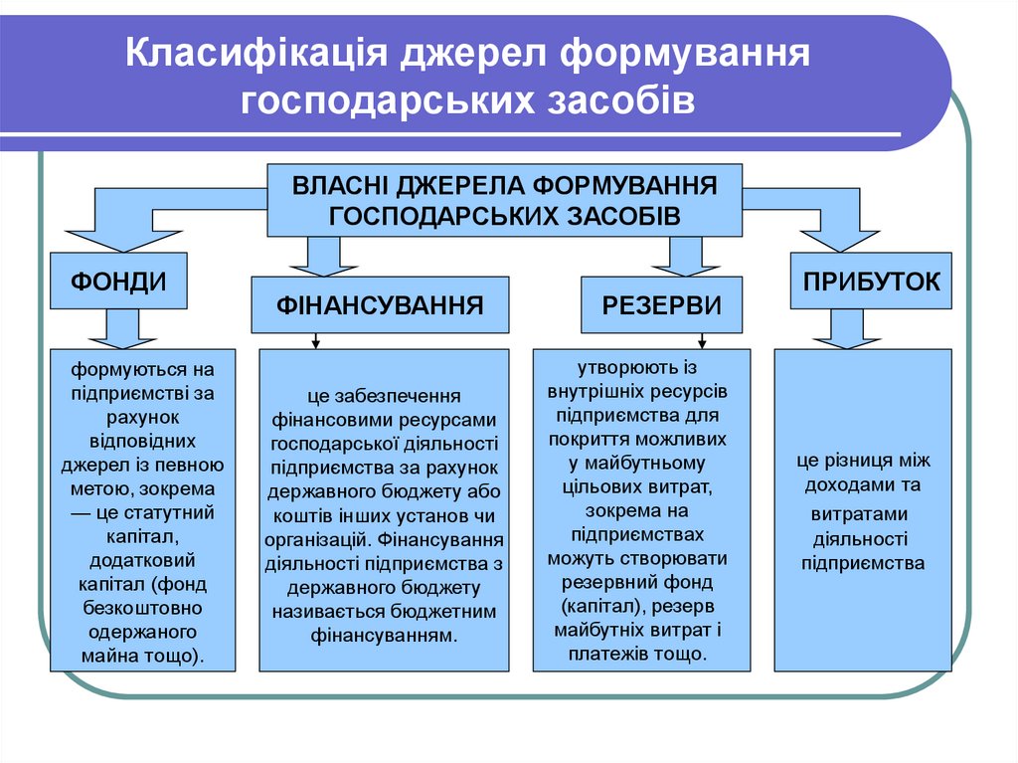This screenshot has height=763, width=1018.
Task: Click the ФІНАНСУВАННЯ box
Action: coord(380,305)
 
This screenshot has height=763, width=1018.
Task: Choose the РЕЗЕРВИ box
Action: coord(662,305)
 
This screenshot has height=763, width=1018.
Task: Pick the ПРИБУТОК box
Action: coord(865,281)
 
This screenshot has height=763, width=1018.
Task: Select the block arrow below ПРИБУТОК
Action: coord(846,328)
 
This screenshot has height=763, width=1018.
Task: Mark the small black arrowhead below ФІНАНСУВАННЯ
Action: coord(315,343)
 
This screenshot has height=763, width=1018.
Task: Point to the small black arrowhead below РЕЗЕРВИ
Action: coord(685,343)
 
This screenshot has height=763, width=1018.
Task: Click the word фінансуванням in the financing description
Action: coord(383,634)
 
